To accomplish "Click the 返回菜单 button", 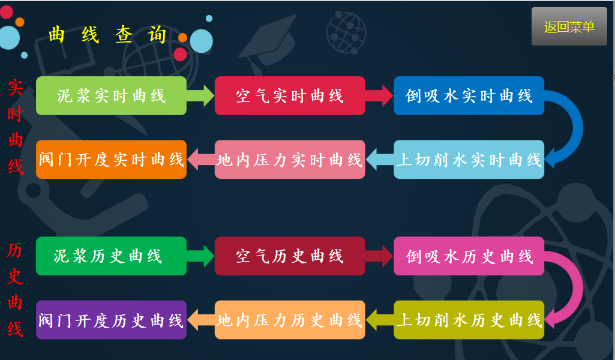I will pyautogui.click(x=569, y=26).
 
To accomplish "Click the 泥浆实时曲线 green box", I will pyautogui.click(x=111, y=95).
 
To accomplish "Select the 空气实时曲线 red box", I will pyautogui.click(x=290, y=95).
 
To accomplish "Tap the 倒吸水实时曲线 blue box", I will pyautogui.click(x=469, y=95).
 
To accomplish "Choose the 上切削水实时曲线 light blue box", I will pyautogui.click(x=469, y=160).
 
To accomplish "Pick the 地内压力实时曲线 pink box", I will pyautogui.click(x=290, y=160).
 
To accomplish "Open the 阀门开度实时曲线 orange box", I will pyautogui.click(x=111, y=160).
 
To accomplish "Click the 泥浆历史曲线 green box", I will pyautogui.click(x=111, y=256).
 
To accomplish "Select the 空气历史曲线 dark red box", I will pyautogui.click(x=290, y=256).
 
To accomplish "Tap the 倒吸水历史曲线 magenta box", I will pyautogui.click(x=469, y=256).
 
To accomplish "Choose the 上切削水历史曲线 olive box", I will pyautogui.click(x=469, y=320).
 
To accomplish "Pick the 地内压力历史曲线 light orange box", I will pyautogui.click(x=290, y=320).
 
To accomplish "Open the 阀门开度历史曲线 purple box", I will pyautogui.click(x=111, y=320).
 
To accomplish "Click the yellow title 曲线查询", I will pyautogui.click(x=108, y=35).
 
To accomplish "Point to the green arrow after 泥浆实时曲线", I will pyautogui.click(x=202, y=95).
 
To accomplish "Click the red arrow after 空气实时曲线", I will pyautogui.click(x=380, y=95).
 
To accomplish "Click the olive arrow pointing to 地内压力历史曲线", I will pyautogui.click(x=379, y=320).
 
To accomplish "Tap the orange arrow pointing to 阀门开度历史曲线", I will pyautogui.click(x=200, y=320).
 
